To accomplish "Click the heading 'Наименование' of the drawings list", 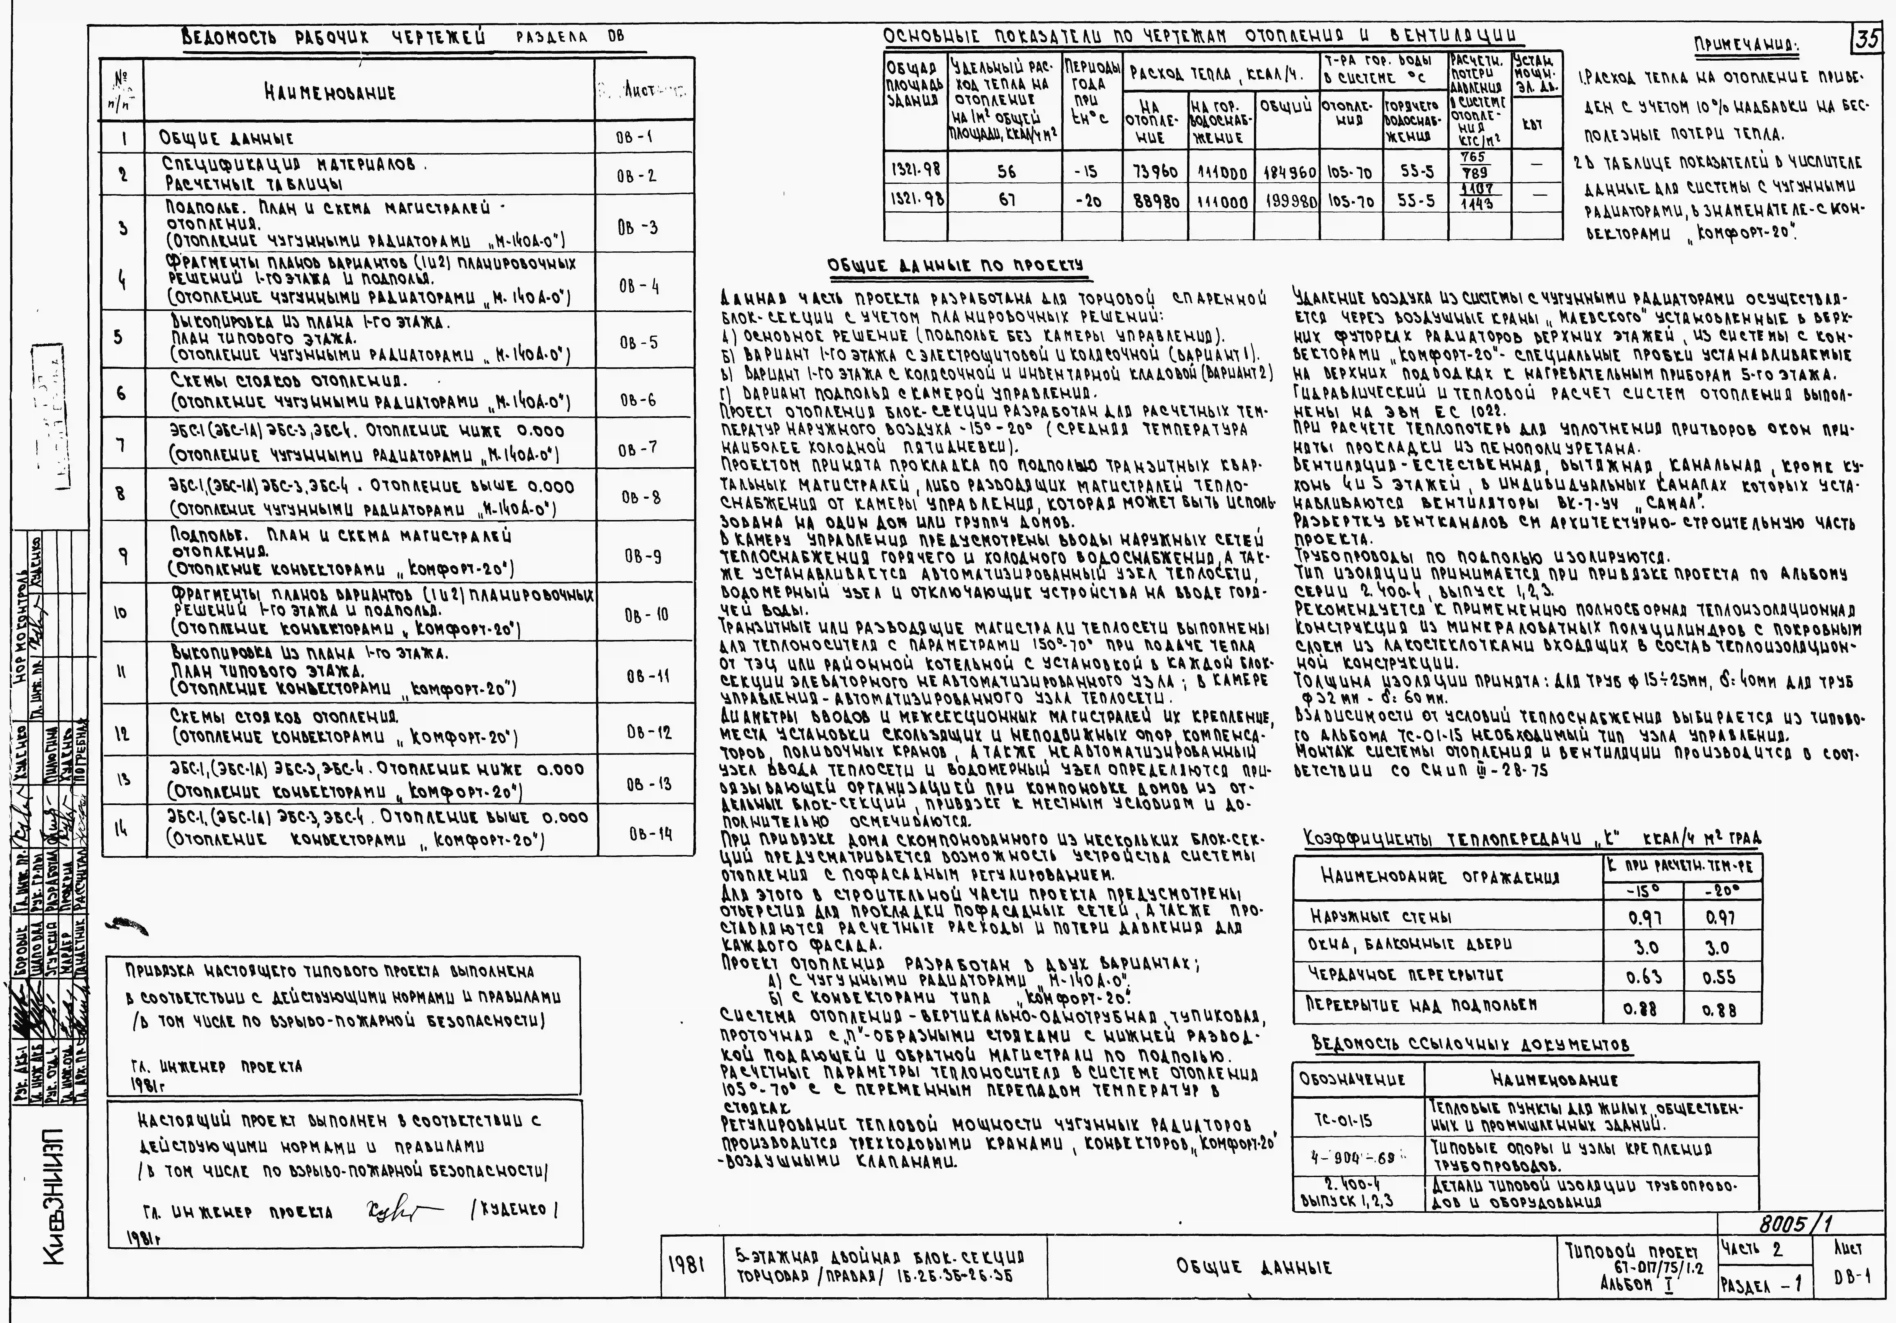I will (x=330, y=93).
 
